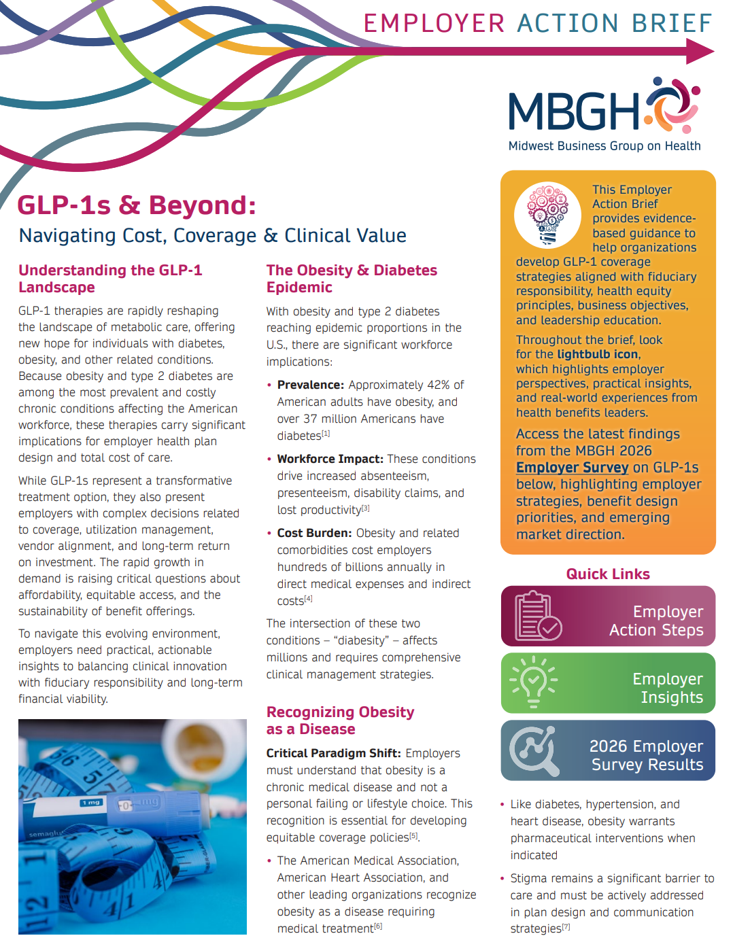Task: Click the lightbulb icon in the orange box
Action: (548, 214)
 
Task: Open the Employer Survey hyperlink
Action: (572, 468)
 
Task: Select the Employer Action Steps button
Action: (608, 616)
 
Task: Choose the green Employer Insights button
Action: (608, 683)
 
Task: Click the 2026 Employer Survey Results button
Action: (608, 750)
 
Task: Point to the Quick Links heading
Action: (608, 574)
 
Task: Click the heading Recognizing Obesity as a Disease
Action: (340, 720)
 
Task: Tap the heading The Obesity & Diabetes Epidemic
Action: (352, 279)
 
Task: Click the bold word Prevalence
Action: (310, 385)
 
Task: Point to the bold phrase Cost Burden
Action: (314, 534)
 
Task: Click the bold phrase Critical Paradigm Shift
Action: (333, 753)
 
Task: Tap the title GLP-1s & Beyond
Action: (136, 205)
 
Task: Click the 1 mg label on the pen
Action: (91, 803)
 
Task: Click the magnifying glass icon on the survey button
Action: (534, 750)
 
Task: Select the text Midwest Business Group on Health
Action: (604, 146)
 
